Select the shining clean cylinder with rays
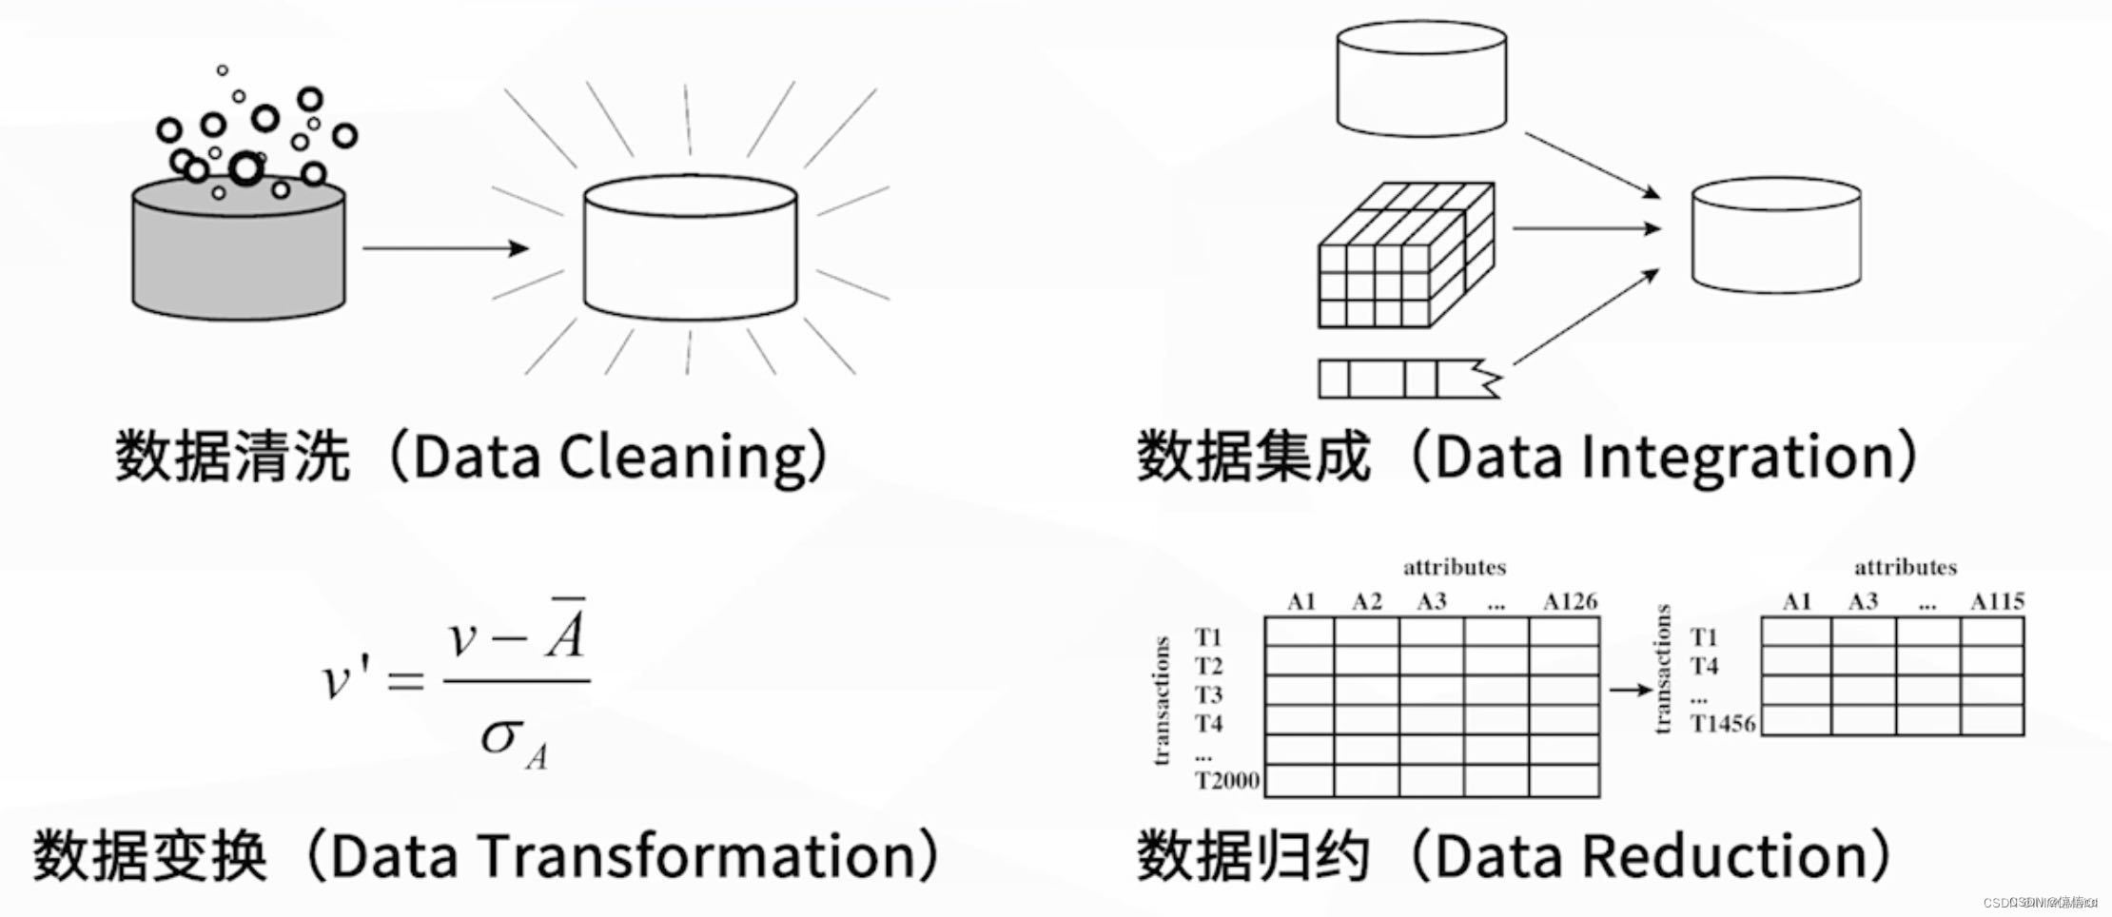(x=690, y=247)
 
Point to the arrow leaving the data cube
(x=1585, y=228)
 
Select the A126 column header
(x=1570, y=602)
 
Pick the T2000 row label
(x=1227, y=781)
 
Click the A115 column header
(x=1997, y=602)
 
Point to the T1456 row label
(x=1723, y=724)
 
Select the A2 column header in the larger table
(x=1366, y=602)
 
